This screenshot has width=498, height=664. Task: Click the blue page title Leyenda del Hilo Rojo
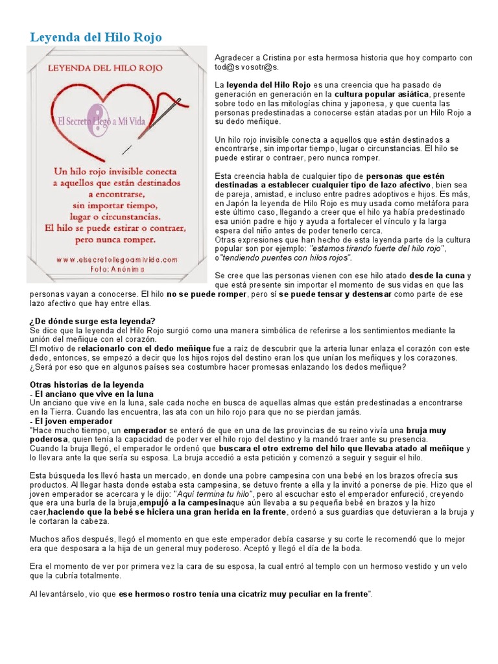click(x=95, y=38)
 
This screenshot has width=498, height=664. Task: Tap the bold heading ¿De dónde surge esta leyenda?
click(x=93, y=322)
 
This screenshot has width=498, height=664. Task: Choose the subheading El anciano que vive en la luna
click(x=93, y=394)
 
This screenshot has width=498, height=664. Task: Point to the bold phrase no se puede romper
click(x=207, y=294)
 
